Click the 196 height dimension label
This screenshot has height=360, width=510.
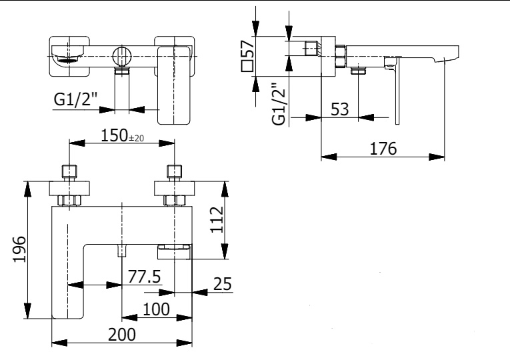pos(19,249)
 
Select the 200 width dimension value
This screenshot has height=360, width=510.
pos(121,334)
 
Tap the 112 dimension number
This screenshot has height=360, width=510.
pos(217,219)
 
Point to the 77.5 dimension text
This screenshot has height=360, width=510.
pos(144,277)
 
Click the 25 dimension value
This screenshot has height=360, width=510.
pos(223,284)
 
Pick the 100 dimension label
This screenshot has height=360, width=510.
pos(156,309)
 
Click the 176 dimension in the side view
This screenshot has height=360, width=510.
pos(383,149)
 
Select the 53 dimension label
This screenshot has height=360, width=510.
pos(339,109)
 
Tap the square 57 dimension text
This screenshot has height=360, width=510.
pos(247,55)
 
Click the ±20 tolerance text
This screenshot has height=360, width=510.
pos(136,138)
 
